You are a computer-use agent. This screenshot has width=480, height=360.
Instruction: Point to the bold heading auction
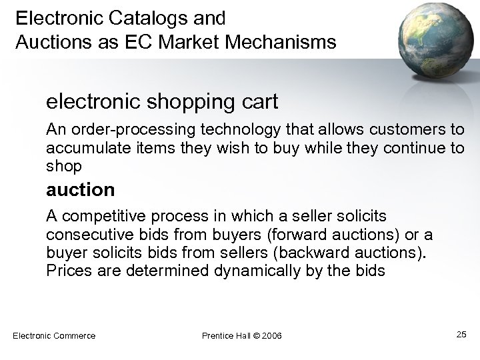80,190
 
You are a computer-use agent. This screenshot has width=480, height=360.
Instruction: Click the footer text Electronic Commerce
54,335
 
